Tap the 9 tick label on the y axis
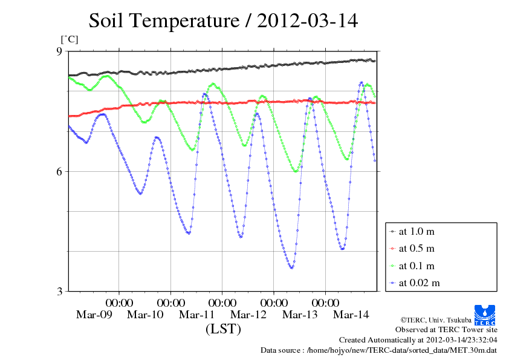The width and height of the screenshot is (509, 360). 59,51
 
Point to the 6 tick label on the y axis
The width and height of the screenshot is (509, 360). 59,171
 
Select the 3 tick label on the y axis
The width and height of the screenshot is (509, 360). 59,292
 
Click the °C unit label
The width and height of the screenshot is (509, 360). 69,39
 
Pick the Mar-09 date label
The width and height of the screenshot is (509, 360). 94,315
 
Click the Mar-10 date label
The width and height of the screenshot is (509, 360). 146,315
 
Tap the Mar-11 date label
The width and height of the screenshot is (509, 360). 197,315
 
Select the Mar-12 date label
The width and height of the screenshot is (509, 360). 248,315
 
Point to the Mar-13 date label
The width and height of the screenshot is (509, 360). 300,315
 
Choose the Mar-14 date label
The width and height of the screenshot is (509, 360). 351,315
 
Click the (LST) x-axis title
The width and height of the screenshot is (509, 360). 223,330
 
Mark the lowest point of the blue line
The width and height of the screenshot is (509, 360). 291,267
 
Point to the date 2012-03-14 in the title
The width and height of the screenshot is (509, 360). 308,21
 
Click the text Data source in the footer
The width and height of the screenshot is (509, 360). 282,350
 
